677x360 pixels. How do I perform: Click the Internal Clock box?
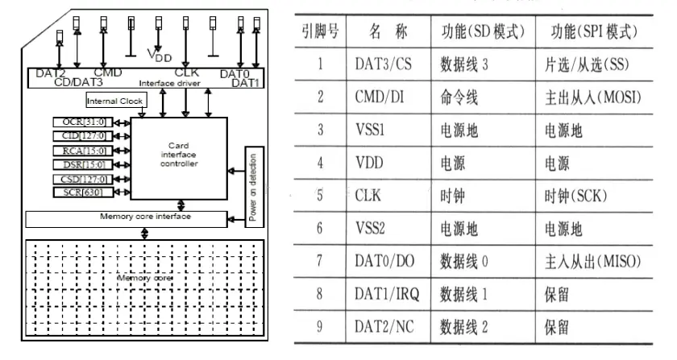pyautogui.click(x=114, y=101)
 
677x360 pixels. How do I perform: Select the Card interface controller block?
pyautogui.click(x=178, y=156)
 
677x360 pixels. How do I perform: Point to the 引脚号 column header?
pyautogui.click(x=320, y=32)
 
